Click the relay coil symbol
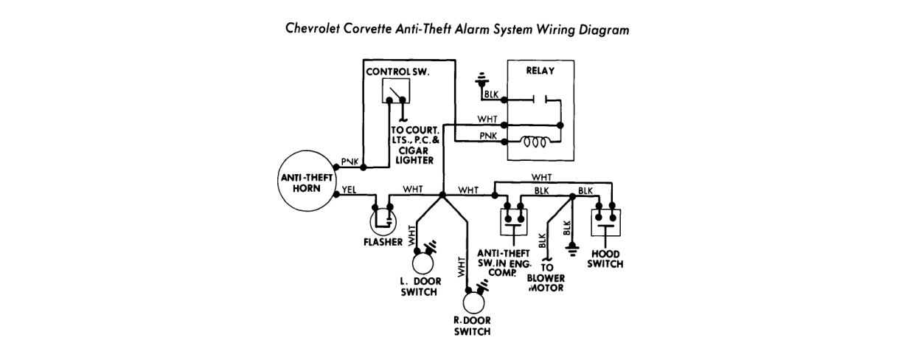point(534,142)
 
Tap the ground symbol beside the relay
point(481,80)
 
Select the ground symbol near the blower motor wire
point(572,247)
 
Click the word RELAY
point(540,71)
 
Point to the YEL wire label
point(349,190)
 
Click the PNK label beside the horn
point(350,162)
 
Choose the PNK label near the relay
point(488,136)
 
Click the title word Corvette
point(367,30)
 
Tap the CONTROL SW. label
point(397,72)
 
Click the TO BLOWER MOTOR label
point(546,277)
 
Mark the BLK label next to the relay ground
point(492,94)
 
